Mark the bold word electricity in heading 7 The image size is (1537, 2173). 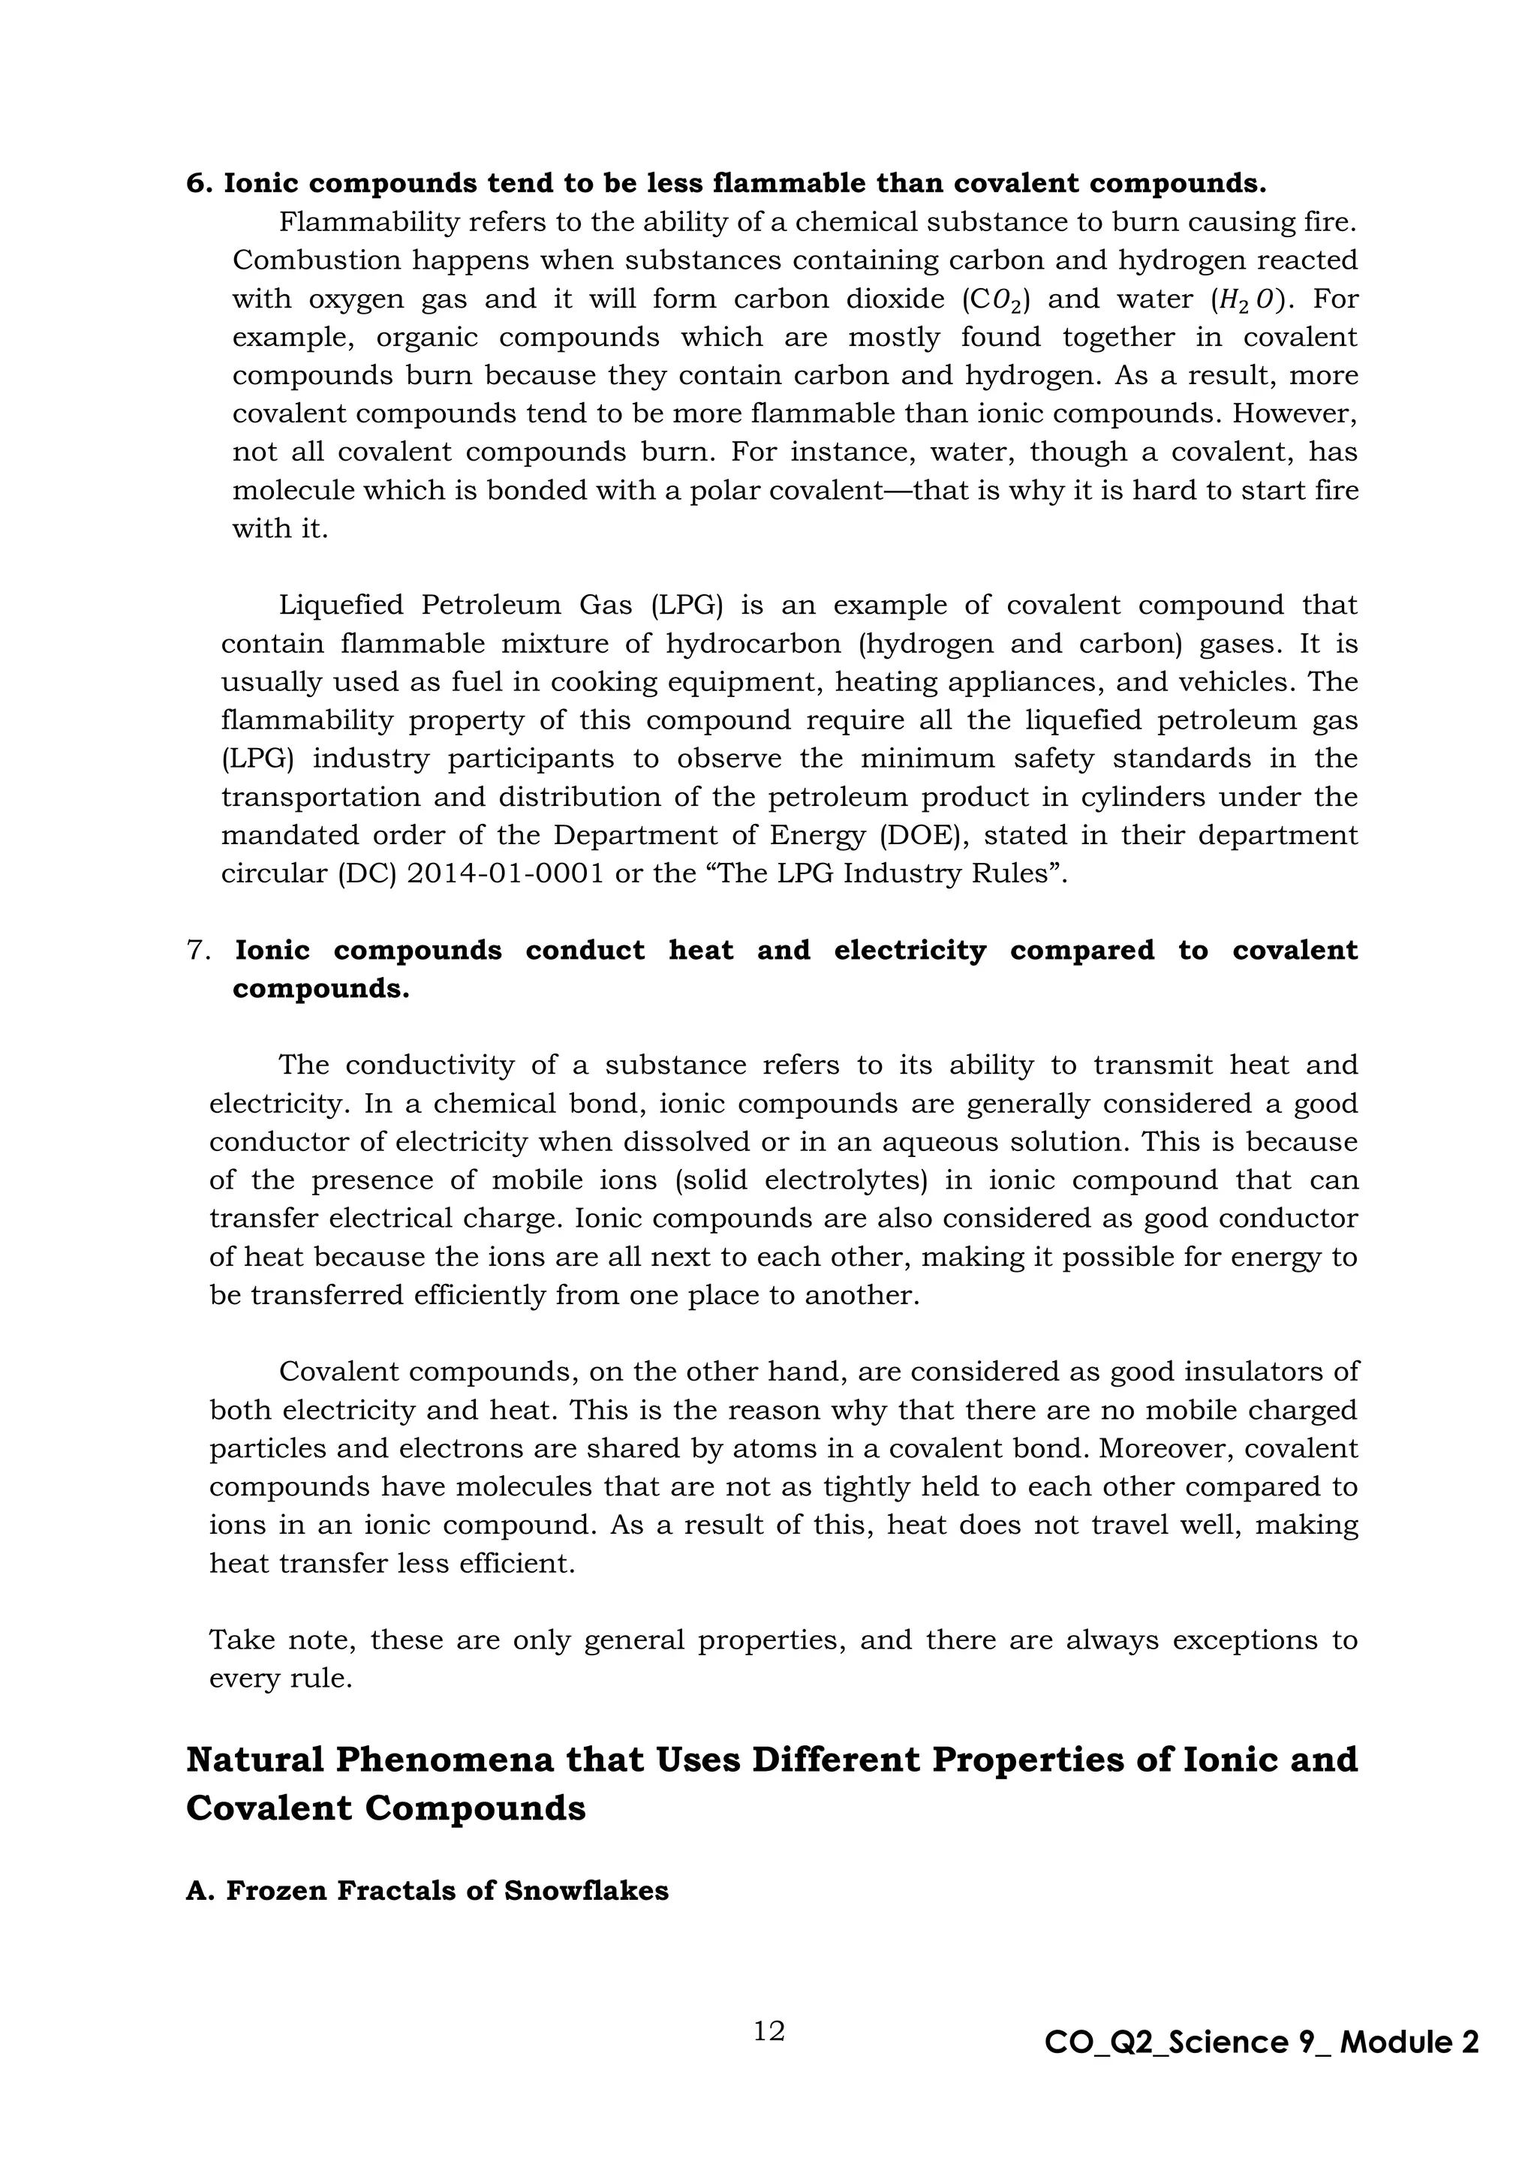(910, 950)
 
